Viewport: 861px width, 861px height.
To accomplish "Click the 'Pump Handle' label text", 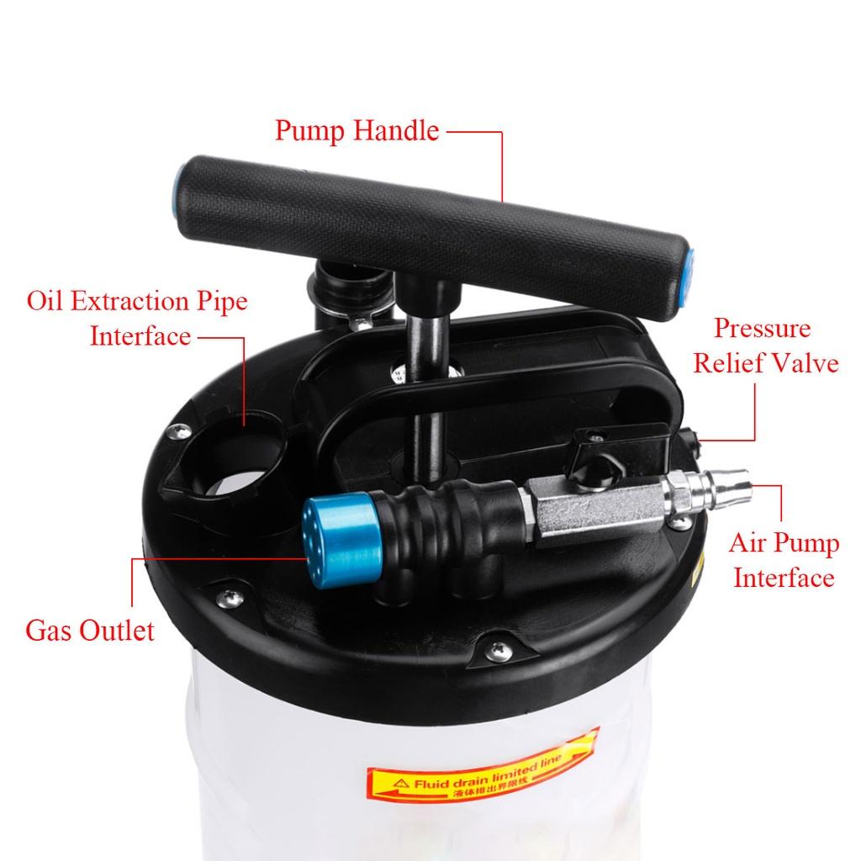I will (357, 131).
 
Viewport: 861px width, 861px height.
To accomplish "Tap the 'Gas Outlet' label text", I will (90, 630).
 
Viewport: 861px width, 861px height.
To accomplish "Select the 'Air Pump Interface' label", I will (784, 560).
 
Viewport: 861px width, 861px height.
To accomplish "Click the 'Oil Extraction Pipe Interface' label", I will (138, 318).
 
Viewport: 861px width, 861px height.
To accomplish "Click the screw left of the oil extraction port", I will (177, 431).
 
